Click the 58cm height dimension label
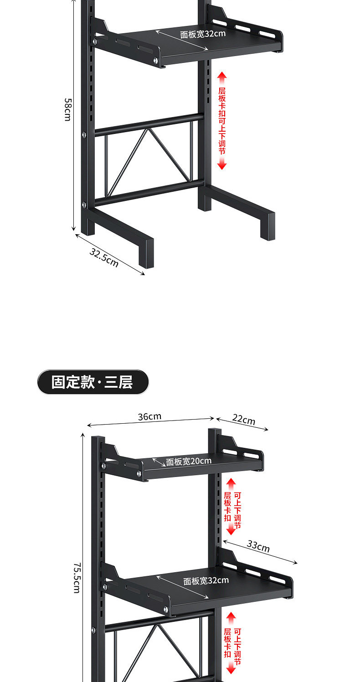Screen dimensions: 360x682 (67, 109)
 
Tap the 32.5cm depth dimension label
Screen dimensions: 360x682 (104, 257)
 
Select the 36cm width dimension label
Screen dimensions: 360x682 (149, 416)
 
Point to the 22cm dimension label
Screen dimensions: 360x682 (243, 420)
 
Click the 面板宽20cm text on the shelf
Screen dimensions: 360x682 (189, 461)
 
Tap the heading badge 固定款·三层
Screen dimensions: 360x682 (93, 382)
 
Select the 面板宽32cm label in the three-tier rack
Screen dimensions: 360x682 (206, 580)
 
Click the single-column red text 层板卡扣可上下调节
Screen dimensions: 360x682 (222, 121)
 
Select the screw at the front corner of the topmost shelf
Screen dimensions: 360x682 (156, 60)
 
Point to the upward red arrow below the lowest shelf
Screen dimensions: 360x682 (231, 618)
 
